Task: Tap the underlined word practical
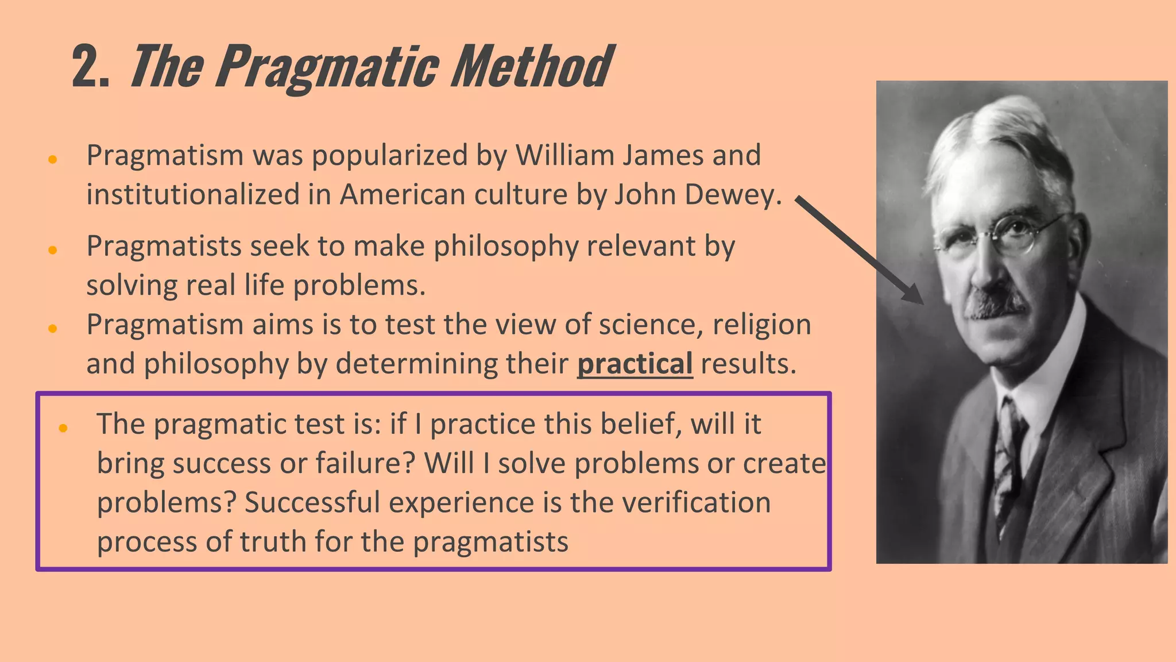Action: click(635, 364)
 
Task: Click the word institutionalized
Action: click(193, 195)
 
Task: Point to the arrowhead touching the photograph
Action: click(914, 295)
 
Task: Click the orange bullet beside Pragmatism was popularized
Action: click(53, 159)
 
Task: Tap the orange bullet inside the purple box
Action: click(63, 428)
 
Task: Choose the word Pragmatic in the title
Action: click(328, 68)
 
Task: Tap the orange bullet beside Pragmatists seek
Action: click(53, 250)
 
